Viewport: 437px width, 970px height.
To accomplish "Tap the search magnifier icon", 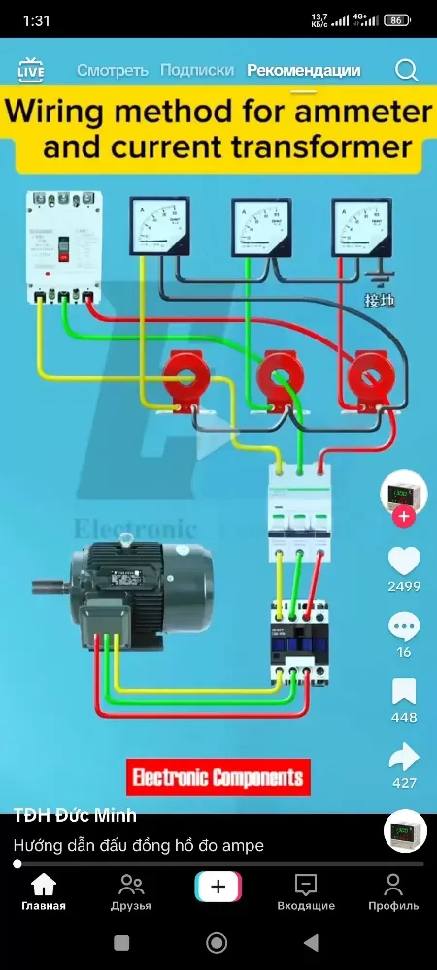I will [x=406, y=70].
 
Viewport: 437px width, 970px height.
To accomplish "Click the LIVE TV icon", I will [x=31, y=70].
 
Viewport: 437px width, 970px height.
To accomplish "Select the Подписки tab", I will [x=197, y=70].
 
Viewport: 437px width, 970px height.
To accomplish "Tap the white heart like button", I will [x=404, y=562].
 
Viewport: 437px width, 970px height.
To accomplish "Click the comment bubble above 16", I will [x=404, y=627].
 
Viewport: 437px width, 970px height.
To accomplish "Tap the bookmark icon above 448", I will [x=404, y=691].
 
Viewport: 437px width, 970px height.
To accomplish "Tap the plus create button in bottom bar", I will [x=218, y=886].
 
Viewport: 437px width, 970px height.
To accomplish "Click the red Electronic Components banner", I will [x=218, y=777].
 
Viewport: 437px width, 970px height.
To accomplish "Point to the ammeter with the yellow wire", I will [x=159, y=226].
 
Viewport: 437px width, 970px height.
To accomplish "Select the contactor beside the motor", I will [x=300, y=643].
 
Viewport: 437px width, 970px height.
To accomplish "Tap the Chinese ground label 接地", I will [x=379, y=301].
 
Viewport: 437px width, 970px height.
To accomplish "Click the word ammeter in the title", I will [x=363, y=112].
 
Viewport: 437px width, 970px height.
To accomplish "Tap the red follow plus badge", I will [x=404, y=517].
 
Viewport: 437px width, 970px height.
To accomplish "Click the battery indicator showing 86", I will [x=397, y=20].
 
